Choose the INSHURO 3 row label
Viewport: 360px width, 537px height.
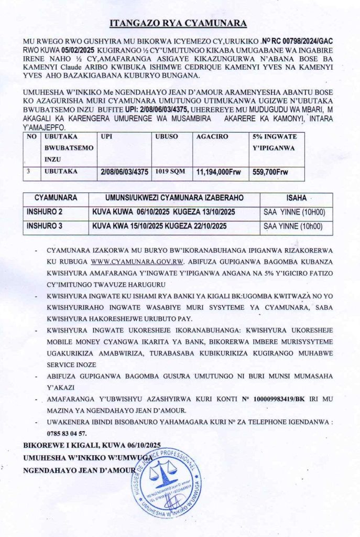(45, 226)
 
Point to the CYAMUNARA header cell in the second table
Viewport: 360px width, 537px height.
(56, 199)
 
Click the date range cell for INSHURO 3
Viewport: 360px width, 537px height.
(162, 226)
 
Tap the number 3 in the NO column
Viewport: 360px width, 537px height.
(31, 171)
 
